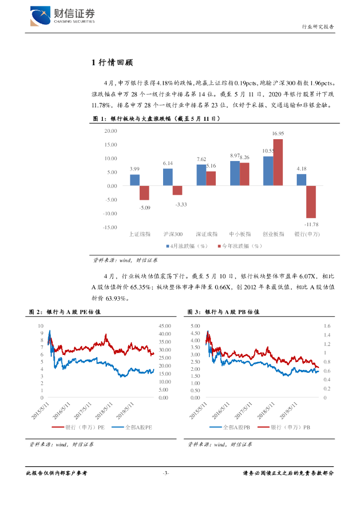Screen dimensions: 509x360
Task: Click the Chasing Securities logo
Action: (62, 15)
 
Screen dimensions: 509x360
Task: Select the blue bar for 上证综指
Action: (135, 180)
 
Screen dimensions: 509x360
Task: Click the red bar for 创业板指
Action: (278, 162)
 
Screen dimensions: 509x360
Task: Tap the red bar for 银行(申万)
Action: (311, 202)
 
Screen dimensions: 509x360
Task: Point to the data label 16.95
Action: (278, 134)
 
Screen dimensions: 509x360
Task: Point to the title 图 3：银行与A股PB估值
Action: (224, 312)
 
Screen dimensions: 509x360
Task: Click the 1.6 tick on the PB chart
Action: (327, 326)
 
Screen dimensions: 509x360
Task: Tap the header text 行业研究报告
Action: (318, 27)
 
